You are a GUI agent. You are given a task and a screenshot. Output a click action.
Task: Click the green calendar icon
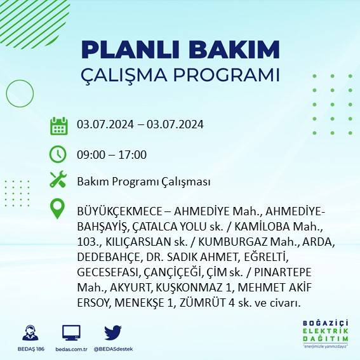coord(58,125)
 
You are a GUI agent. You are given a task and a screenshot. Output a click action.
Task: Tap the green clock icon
coord(58,154)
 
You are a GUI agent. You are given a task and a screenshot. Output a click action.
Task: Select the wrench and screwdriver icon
coord(58,180)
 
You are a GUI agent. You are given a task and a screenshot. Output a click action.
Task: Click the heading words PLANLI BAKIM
coord(180,50)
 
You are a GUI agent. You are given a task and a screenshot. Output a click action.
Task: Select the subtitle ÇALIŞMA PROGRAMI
coord(180,75)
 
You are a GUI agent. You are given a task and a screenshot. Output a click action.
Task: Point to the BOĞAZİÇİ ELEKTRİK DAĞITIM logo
coord(324,335)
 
